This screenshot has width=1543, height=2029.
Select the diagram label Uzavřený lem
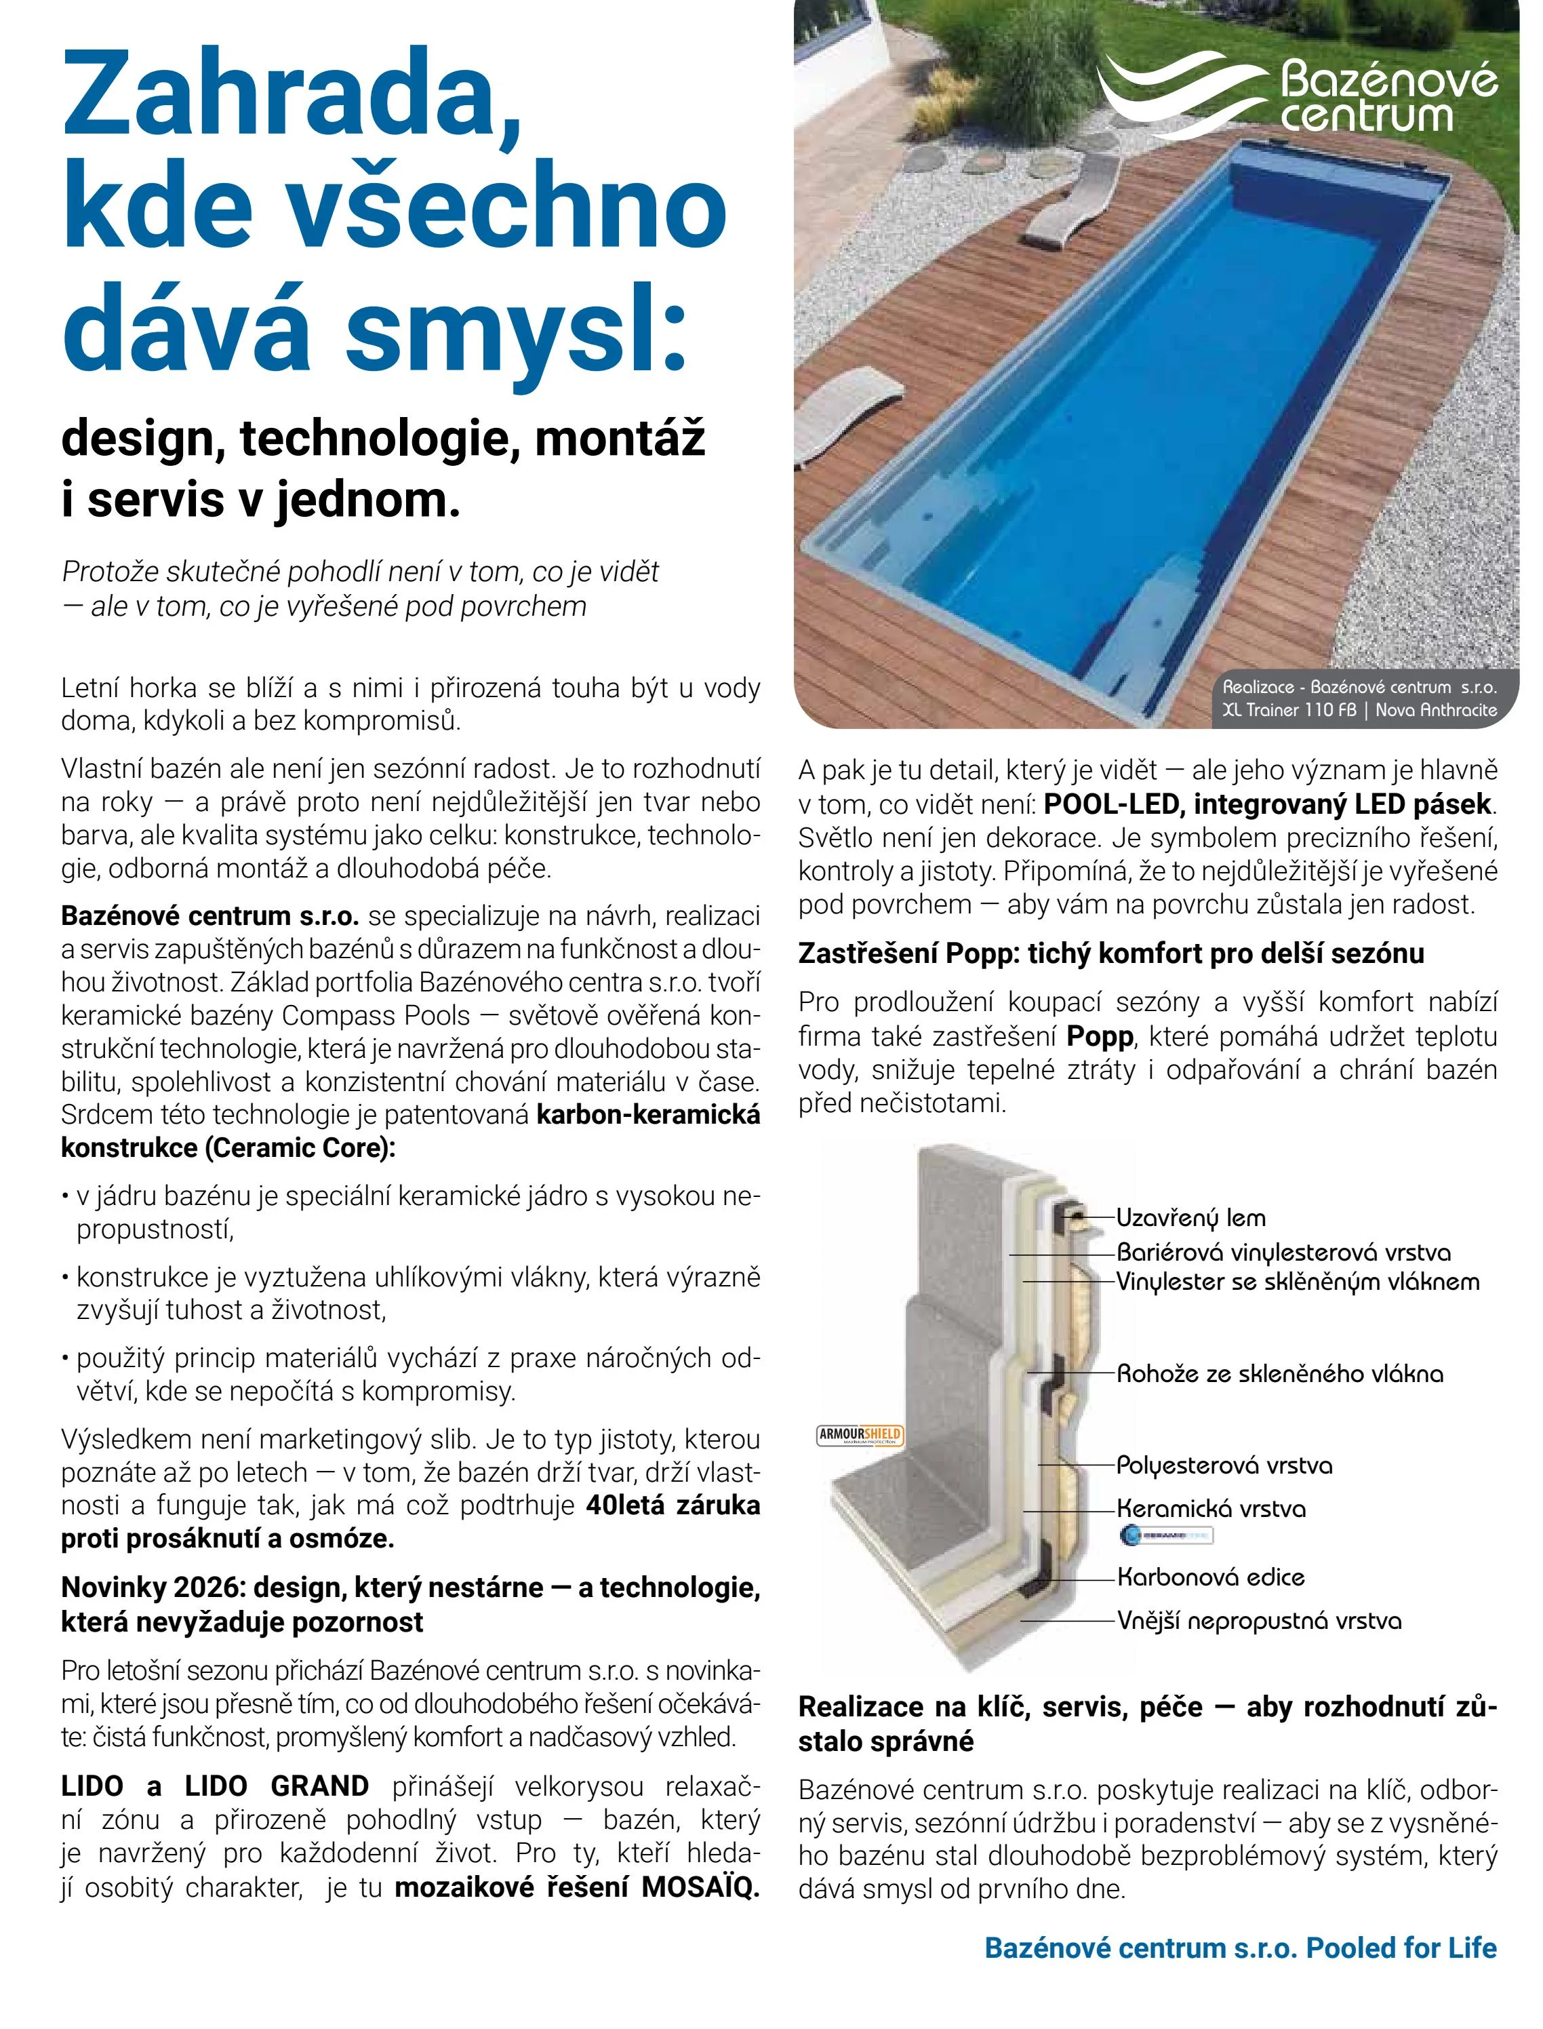tap(1190, 1218)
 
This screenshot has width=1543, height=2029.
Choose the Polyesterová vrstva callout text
tap(1224, 1465)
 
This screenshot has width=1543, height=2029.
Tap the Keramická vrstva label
tap(1211, 1508)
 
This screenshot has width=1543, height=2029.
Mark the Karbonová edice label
tap(1209, 1577)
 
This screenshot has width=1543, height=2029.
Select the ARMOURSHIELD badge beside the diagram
tap(860, 1435)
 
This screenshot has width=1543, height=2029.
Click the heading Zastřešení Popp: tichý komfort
tap(1110, 953)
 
